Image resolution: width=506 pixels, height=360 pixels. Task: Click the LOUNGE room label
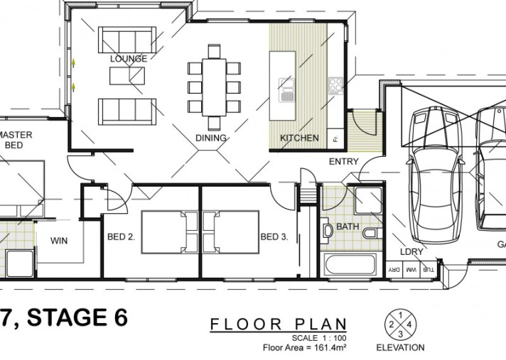pyautogui.click(x=129, y=59)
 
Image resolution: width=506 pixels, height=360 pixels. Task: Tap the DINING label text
pyautogui.click(x=210, y=138)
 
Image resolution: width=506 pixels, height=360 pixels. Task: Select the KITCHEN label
pyautogui.click(x=298, y=138)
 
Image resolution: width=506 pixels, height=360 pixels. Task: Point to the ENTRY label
pyautogui.click(x=343, y=162)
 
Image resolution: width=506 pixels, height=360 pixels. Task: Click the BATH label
pyautogui.click(x=348, y=227)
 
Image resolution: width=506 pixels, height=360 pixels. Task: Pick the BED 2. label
pyautogui.click(x=122, y=237)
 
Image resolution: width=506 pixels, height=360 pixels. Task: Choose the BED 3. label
pyautogui.click(x=274, y=237)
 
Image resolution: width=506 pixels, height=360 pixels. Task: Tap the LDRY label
pyautogui.click(x=411, y=252)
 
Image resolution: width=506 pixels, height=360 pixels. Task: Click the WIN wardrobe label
pyautogui.click(x=59, y=241)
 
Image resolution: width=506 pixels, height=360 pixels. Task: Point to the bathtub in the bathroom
pyautogui.click(x=348, y=266)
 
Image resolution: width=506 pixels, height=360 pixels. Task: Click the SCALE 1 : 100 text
pyautogui.click(x=315, y=337)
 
